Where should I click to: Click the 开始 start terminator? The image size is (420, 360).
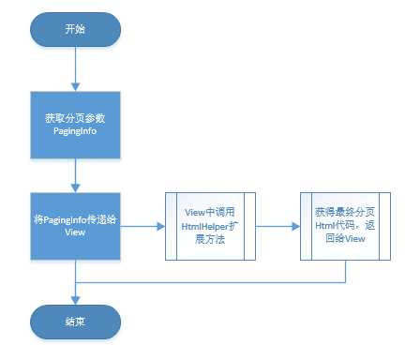pos(74,29)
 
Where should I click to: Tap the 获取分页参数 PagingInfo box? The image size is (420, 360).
pos(74,126)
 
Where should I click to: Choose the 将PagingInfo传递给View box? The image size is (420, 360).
pos(74,226)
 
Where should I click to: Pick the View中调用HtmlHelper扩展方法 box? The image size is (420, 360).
pos(211,226)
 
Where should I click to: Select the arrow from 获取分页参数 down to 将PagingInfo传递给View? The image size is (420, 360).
pos(74,175)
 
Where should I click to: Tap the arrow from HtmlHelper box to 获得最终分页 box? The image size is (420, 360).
pos(278,226)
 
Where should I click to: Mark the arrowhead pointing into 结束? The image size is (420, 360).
pos(74,296)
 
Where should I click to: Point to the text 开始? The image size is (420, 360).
pos(74,29)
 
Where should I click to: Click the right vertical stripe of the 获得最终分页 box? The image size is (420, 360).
pos(385,226)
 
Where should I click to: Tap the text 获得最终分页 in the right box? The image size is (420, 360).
pos(343,213)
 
